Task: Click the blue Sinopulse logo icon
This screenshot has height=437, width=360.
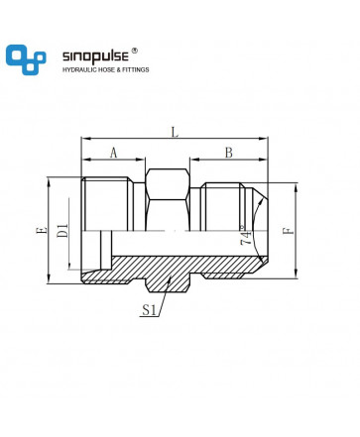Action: (x=26, y=59)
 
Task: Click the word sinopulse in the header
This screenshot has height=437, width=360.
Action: (x=95, y=56)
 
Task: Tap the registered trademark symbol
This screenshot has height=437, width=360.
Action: (x=134, y=51)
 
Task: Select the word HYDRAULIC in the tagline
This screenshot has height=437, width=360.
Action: (x=78, y=69)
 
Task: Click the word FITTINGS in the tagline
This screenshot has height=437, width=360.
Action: (x=136, y=69)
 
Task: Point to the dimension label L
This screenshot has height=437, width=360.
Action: (x=175, y=132)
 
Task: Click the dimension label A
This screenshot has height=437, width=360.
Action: (x=113, y=153)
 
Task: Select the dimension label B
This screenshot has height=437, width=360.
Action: (x=229, y=153)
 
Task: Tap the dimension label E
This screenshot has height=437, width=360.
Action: (x=42, y=230)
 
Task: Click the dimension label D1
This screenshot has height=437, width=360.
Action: (x=62, y=231)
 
